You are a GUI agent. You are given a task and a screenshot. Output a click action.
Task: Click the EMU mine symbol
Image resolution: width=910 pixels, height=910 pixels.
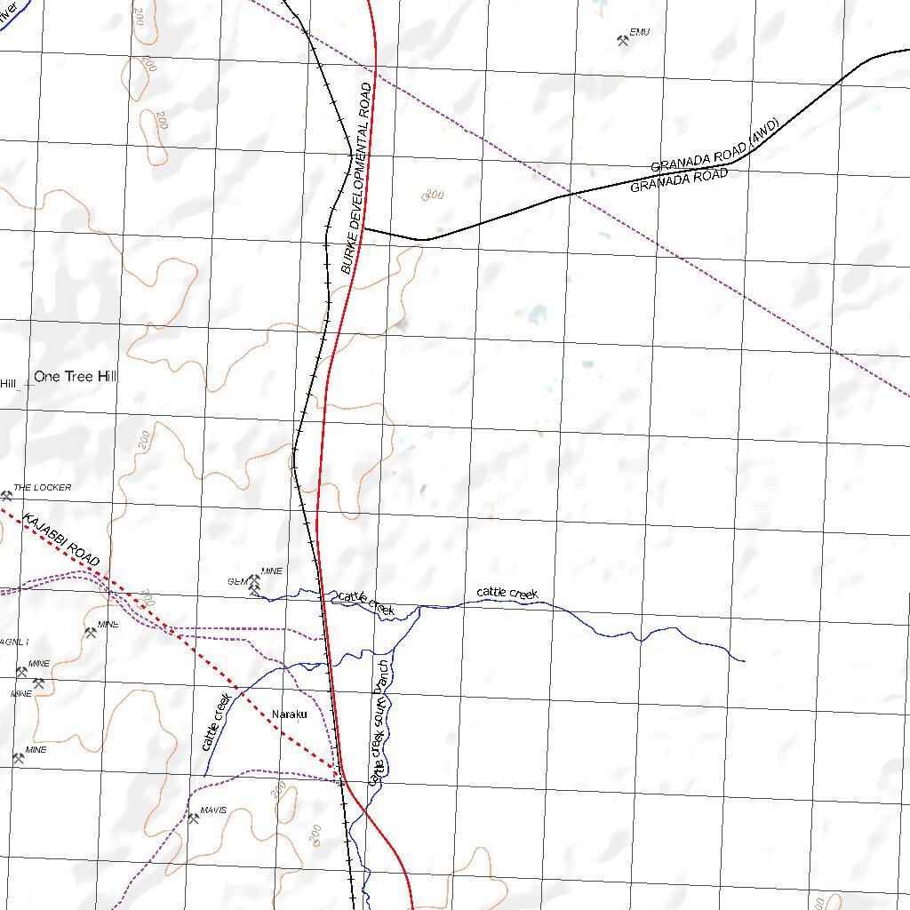622,40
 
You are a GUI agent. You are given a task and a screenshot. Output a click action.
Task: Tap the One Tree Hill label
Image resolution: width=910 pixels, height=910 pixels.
76,377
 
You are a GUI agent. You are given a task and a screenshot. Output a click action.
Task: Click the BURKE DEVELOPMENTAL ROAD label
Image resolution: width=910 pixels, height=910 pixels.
358,178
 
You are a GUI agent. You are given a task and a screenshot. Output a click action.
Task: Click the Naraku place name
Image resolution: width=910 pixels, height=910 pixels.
289,714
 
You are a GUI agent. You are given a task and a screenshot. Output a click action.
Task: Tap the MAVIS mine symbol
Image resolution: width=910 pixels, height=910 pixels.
194,818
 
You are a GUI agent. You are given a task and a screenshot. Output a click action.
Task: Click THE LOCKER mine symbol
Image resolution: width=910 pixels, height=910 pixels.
6,495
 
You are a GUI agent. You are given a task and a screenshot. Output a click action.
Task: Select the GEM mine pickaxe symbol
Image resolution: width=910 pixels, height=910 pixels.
253,583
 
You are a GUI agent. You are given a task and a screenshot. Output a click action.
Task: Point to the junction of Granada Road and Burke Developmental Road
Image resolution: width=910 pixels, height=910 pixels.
364,228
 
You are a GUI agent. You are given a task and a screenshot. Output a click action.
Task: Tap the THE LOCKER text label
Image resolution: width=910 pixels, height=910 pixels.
42,488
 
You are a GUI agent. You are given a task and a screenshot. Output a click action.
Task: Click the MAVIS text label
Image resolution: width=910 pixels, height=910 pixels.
214,810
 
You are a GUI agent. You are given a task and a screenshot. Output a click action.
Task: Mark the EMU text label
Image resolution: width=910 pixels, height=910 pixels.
640,32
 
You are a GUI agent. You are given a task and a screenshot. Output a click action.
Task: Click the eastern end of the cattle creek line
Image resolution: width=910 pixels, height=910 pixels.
743,661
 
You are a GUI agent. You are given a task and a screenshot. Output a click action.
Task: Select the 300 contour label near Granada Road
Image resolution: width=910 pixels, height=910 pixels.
434,196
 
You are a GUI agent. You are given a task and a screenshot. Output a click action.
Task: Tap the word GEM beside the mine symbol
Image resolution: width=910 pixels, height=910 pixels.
236,582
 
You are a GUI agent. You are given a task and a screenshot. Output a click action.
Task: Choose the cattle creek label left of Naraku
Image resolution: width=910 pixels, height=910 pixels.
218,722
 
